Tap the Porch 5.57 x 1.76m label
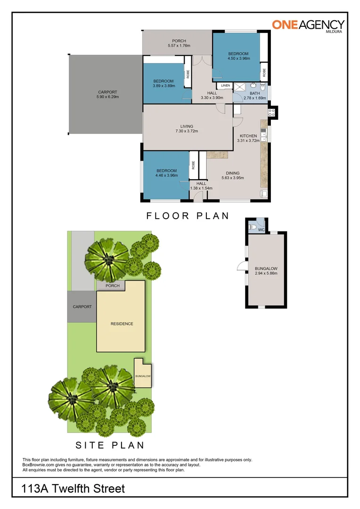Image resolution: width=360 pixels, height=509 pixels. point(179,43)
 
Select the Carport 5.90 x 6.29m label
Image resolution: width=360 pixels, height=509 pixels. point(107,95)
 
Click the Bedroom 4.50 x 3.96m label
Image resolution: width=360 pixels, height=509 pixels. point(238,56)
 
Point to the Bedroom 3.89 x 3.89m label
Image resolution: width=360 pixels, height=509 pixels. point(164,83)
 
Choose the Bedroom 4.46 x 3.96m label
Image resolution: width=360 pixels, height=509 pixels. point(166,173)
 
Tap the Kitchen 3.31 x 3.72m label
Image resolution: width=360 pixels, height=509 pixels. point(248,138)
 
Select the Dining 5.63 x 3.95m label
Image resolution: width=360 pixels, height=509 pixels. point(232,176)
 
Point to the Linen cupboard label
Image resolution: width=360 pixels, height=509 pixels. point(225,85)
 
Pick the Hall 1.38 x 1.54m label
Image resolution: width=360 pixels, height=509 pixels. point(201,186)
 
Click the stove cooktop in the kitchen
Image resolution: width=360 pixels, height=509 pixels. point(271,112)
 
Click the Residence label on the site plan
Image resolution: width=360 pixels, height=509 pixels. point(122,324)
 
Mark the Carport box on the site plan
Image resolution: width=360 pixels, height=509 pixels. point(82,307)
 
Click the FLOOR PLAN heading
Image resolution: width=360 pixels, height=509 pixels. point(188,216)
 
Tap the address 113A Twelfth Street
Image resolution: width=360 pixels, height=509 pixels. point(74,489)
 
